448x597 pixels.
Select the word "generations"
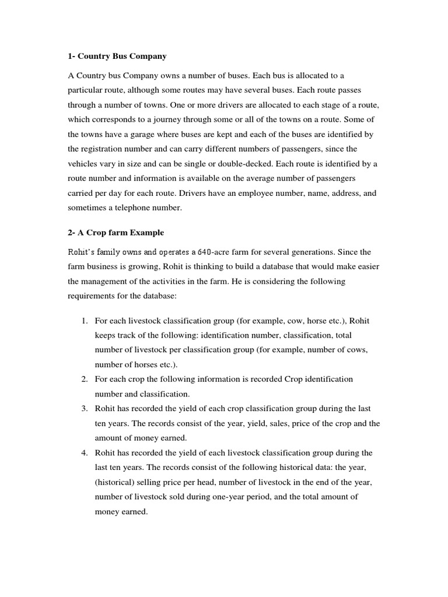[x=313, y=252]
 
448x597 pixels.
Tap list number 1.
[x=84, y=321]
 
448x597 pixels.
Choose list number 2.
[x=84, y=380]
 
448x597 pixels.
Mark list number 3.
[x=84, y=409]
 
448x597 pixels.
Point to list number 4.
[x=84, y=453]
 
